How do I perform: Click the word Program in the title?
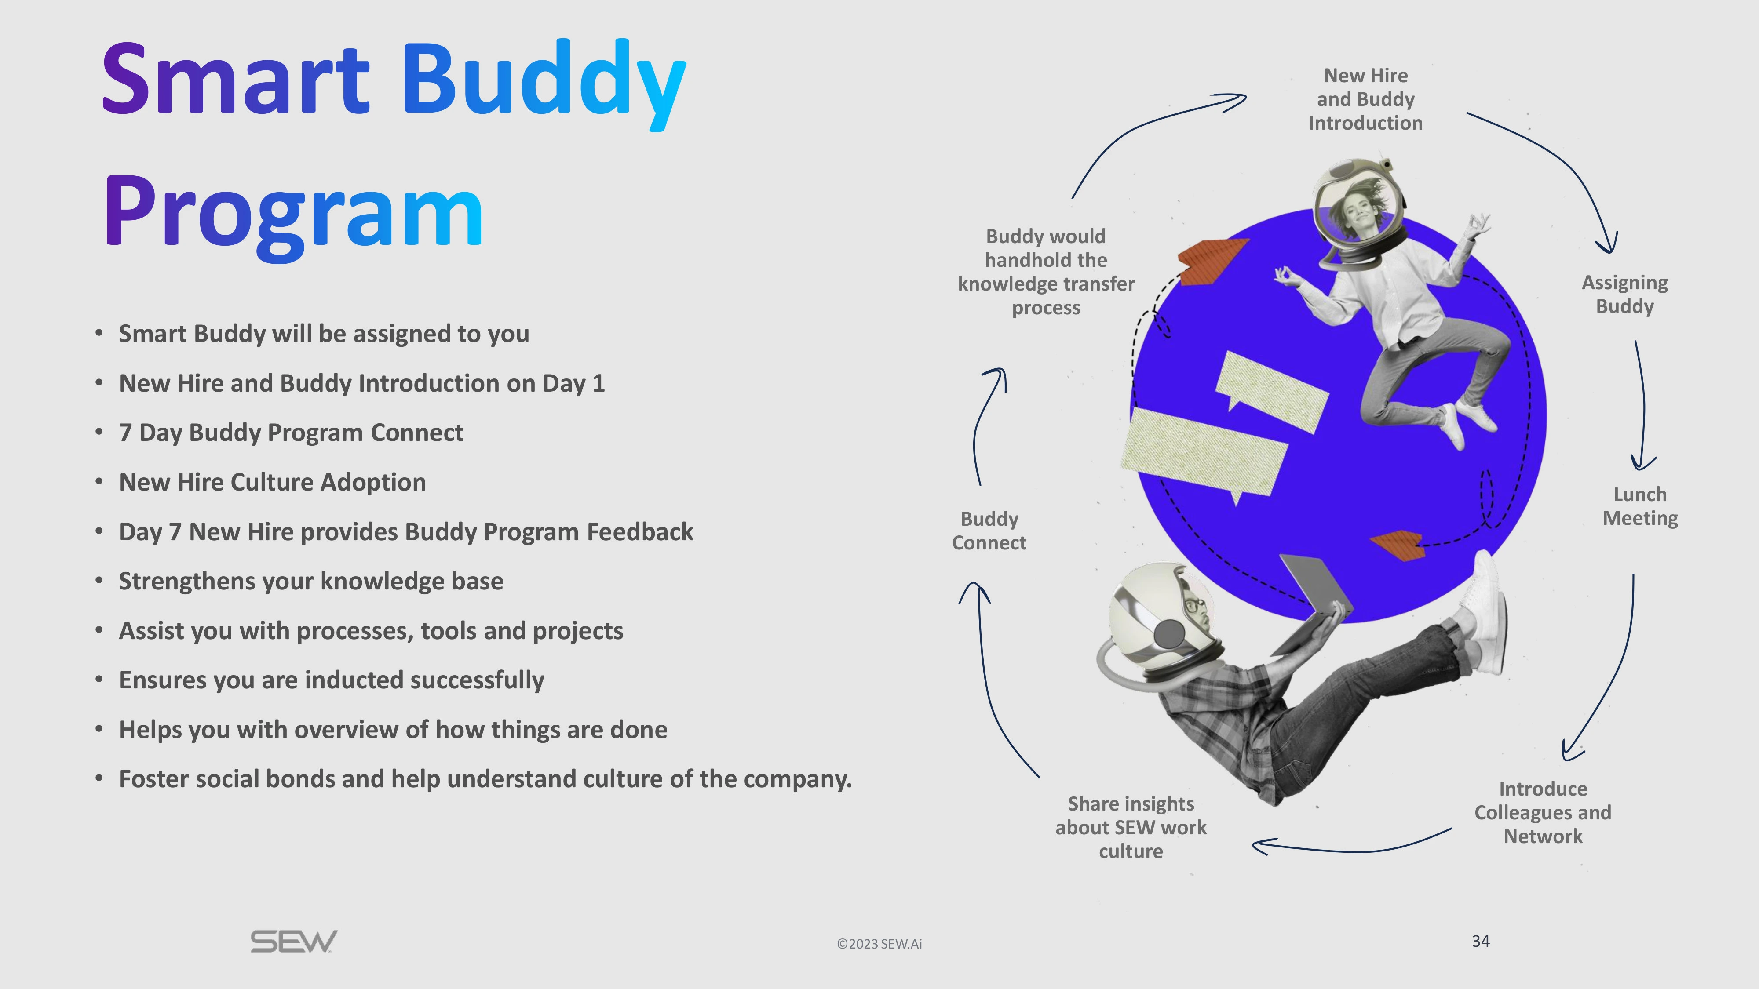[294, 211]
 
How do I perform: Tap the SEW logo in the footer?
[294, 942]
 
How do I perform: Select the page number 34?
[1480, 941]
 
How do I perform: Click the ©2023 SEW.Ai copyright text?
[879, 944]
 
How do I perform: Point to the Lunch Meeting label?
[1639, 506]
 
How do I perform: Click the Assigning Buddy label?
[1624, 294]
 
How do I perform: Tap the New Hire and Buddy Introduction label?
[1366, 99]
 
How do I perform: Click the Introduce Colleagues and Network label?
[1543, 812]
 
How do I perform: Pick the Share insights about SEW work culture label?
[1131, 827]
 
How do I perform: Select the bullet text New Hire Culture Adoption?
[273, 482]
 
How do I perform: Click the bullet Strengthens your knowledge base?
[311, 581]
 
